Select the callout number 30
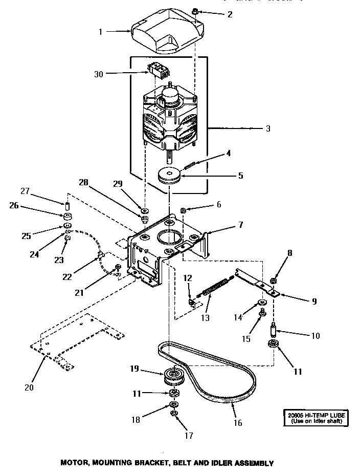click(x=99, y=74)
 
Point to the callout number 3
click(x=268, y=128)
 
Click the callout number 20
click(x=29, y=387)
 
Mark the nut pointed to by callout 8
click(x=273, y=281)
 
